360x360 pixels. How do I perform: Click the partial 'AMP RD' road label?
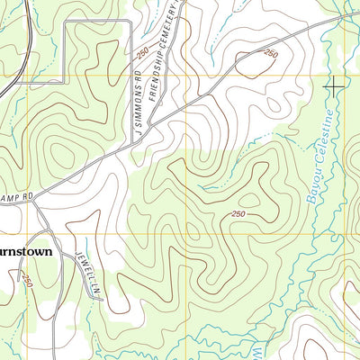[x=15, y=193]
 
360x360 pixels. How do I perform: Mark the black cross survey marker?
[x=333, y=86]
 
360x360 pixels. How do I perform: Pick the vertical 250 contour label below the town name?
[x=28, y=281]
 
